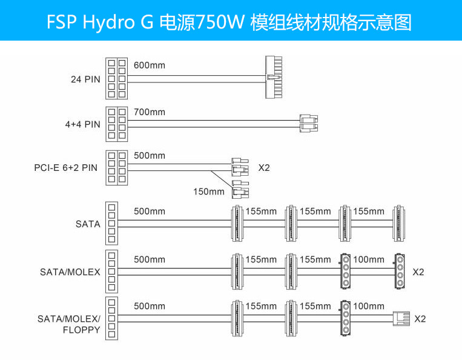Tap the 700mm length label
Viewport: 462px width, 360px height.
coord(149,112)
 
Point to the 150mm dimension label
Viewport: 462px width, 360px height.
coord(208,192)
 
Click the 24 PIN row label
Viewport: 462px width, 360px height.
coord(84,78)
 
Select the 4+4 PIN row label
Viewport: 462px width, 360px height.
coord(84,125)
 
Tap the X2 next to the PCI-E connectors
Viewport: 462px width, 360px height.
coord(264,168)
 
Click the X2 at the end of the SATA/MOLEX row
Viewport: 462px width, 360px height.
coord(418,272)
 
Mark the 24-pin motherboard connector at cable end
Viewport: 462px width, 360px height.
coord(274,78)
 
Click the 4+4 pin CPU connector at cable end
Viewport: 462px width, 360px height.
coord(309,124)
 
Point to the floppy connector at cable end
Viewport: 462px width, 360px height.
coord(401,318)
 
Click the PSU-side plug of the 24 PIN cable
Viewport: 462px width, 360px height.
coord(116,78)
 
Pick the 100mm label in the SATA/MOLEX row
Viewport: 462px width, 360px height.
coord(368,259)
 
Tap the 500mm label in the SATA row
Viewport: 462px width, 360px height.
coord(149,211)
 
